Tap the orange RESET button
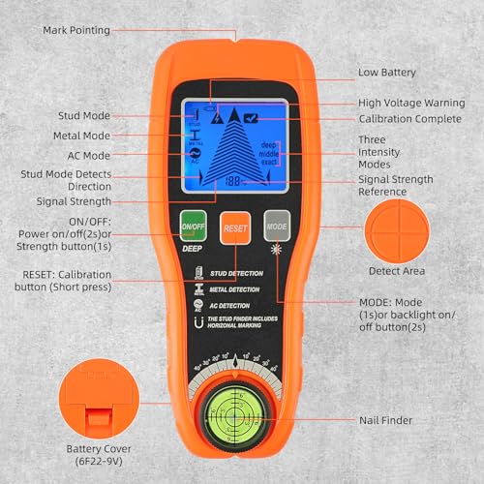point(235,228)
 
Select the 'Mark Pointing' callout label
point(76,30)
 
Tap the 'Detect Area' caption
point(398,270)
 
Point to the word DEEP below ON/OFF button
point(191,247)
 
